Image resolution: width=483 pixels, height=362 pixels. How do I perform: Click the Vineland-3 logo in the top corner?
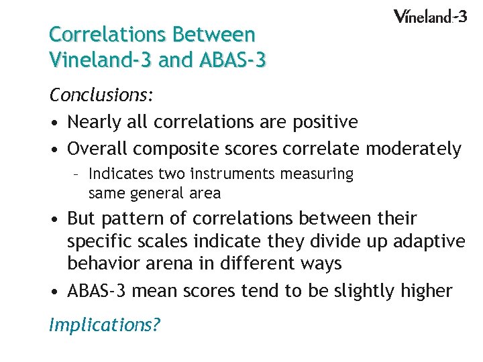pyautogui.click(x=429, y=16)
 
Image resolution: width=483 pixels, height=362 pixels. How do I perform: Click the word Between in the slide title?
pyautogui.click(x=215, y=34)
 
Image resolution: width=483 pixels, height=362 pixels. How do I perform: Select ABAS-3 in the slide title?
pyautogui.click(x=233, y=60)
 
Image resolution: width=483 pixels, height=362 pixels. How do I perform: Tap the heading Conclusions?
pyautogui.click(x=101, y=96)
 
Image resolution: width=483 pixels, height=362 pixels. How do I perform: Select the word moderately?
pyautogui.click(x=415, y=149)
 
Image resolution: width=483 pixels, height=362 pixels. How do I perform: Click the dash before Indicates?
pyautogui.click(x=77, y=174)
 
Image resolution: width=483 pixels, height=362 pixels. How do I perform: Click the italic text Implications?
pyautogui.click(x=105, y=325)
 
